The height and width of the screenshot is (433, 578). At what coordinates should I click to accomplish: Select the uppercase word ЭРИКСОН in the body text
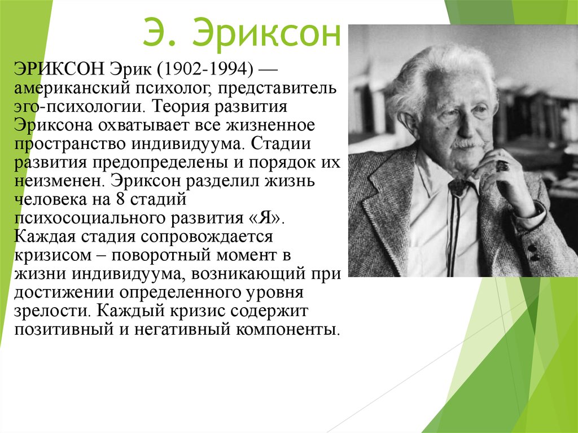click(60, 69)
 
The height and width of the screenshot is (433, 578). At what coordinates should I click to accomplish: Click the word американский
click(72, 89)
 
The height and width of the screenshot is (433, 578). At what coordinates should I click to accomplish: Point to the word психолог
click(174, 89)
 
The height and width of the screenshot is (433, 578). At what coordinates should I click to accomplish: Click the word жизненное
click(270, 125)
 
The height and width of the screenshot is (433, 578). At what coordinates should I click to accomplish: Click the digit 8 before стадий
click(120, 199)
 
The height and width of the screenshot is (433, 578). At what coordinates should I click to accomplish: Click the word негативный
click(181, 329)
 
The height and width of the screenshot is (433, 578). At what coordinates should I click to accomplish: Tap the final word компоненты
click(287, 329)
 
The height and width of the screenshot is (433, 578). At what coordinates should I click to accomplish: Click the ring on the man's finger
click(502, 165)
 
